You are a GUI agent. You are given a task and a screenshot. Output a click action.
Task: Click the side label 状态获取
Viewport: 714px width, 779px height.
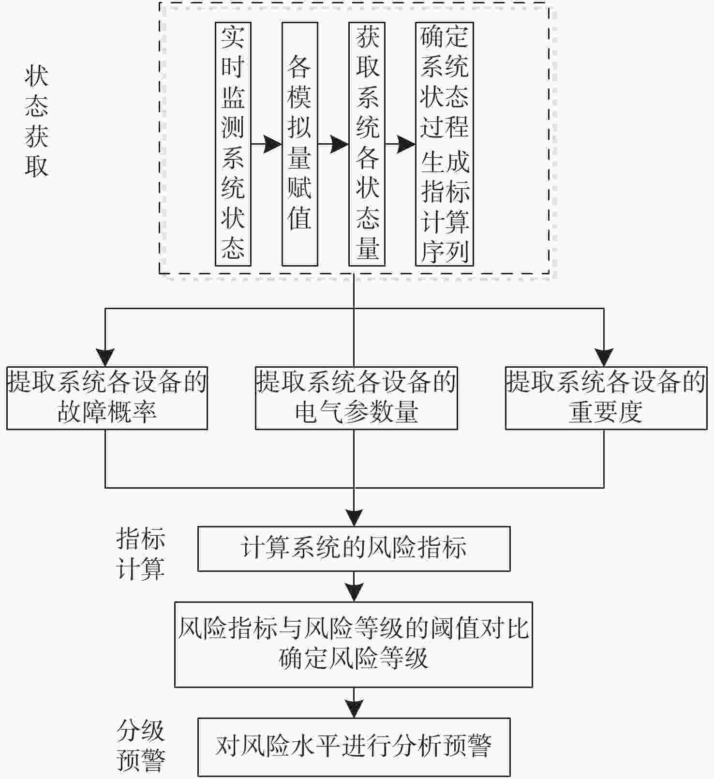point(37,121)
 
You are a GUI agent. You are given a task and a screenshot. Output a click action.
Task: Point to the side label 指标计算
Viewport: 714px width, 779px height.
point(141,554)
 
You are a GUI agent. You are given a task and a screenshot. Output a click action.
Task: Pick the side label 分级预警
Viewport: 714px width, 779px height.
point(141,745)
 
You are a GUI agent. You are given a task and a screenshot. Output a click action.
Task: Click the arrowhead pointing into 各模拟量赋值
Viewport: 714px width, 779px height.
point(273,144)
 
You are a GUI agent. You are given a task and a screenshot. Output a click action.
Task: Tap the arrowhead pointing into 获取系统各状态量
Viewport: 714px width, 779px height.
point(340,144)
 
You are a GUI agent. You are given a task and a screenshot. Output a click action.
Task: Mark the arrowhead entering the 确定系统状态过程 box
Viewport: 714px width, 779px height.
point(407,144)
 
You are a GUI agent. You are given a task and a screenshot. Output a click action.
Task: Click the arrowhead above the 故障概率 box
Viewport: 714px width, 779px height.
point(105,358)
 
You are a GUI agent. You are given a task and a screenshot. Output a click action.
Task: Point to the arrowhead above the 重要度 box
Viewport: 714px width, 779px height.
point(604,358)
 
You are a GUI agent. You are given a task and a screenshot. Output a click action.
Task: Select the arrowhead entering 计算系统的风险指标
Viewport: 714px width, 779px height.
point(354,518)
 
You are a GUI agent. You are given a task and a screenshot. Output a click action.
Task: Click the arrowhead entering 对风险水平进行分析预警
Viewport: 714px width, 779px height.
point(354,709)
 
